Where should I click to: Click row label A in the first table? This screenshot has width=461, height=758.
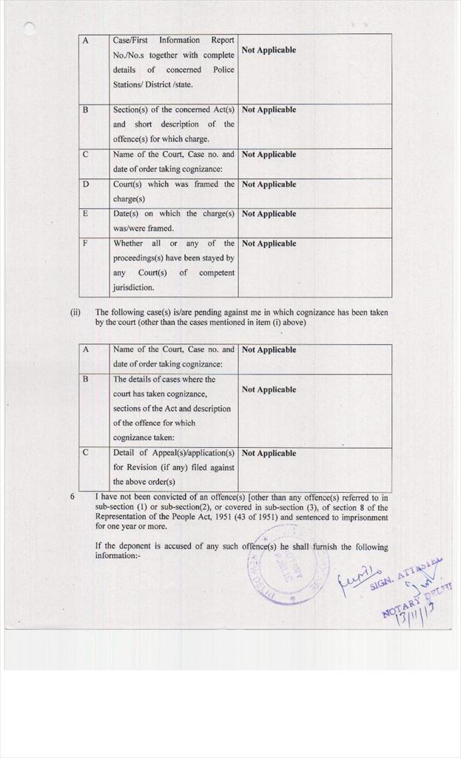[85, 41]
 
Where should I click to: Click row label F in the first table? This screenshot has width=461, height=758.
[85, 244]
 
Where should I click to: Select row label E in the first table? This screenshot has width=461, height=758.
[85, 214]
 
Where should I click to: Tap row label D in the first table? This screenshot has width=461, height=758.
[85, 184]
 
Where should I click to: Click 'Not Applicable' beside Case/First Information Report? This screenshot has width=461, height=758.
[269, 50]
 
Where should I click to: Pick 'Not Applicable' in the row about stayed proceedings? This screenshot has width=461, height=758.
[269, 244]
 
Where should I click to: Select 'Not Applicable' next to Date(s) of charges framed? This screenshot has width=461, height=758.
[269, 214]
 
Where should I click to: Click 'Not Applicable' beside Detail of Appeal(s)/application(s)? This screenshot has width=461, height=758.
[269, 453]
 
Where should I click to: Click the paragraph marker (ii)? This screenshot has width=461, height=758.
[75, 312]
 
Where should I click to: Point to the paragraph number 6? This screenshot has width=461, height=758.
[73, 497]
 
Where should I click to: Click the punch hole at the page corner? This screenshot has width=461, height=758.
[30, 27]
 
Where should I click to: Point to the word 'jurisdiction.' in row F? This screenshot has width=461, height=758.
[134, 287]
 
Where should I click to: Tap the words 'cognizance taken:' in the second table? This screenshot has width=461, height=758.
[144, 437]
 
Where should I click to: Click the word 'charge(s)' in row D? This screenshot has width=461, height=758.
[129, 198]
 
